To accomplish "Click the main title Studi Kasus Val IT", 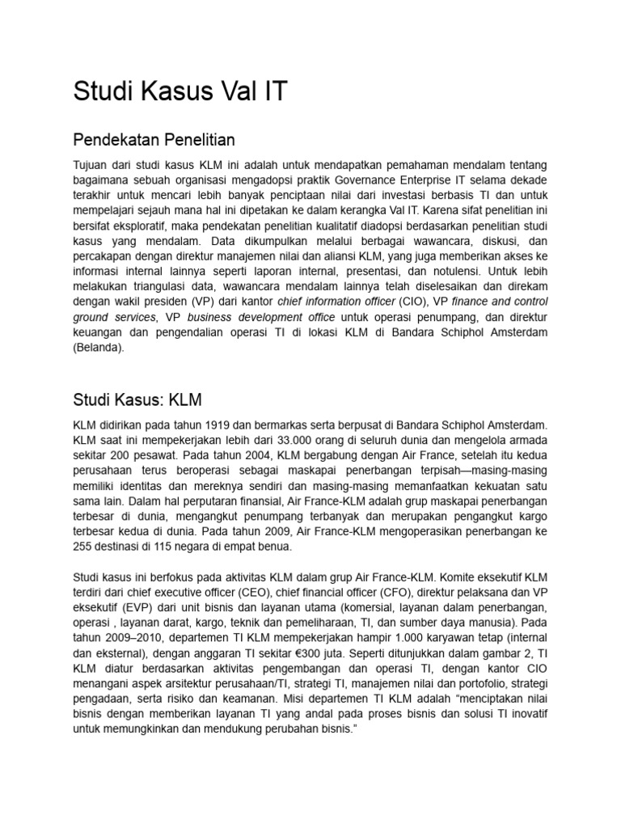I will (x=180, y=91).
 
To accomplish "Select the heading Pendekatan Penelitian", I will (x=159, y=140).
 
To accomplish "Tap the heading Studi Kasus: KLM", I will (x=137, y=399).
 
